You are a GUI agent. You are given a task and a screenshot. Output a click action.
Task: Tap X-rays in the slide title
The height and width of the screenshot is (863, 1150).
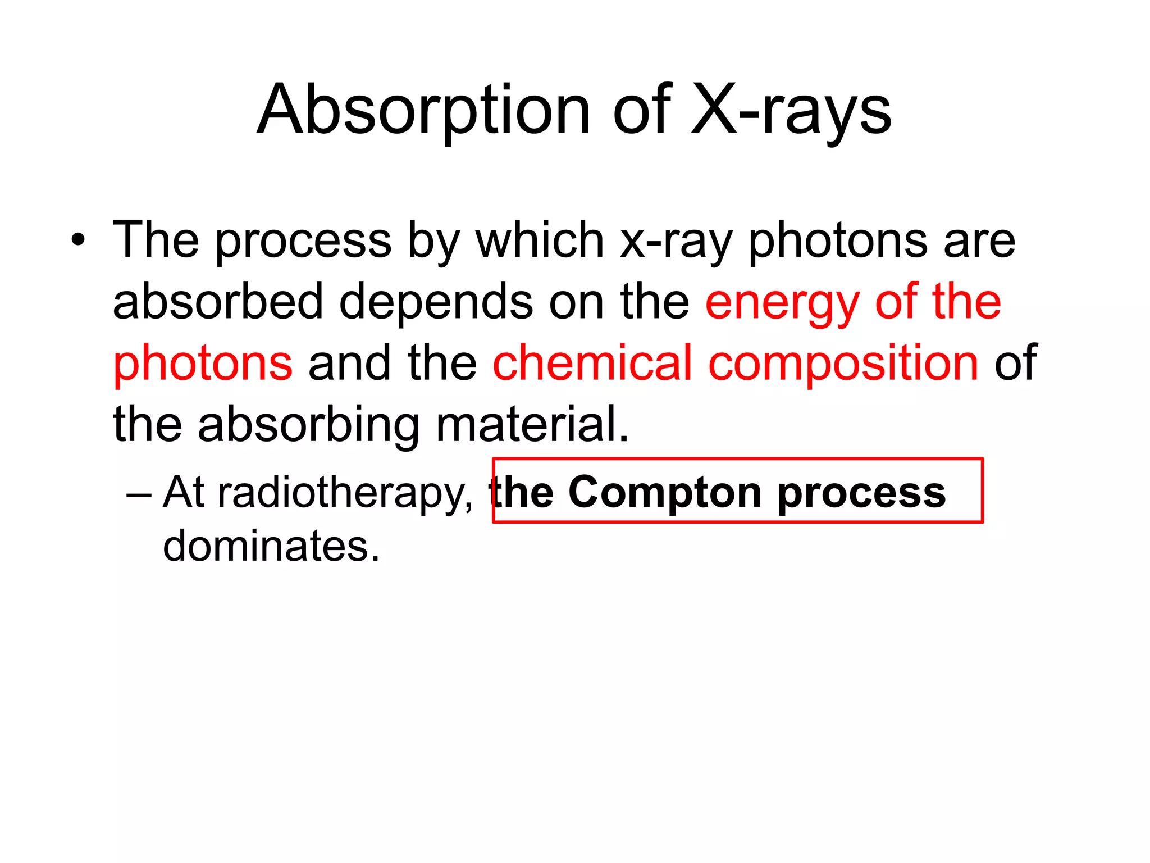791,110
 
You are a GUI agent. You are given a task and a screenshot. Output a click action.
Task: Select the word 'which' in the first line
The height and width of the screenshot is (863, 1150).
540,240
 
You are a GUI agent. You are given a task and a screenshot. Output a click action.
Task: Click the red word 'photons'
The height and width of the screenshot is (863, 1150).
203,364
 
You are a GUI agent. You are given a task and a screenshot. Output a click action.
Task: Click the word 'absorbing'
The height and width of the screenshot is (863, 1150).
308,425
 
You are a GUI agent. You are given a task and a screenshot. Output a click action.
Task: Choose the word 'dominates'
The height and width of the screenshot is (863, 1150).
271,546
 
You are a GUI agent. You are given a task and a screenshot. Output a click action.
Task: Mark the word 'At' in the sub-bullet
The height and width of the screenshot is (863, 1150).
183,493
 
